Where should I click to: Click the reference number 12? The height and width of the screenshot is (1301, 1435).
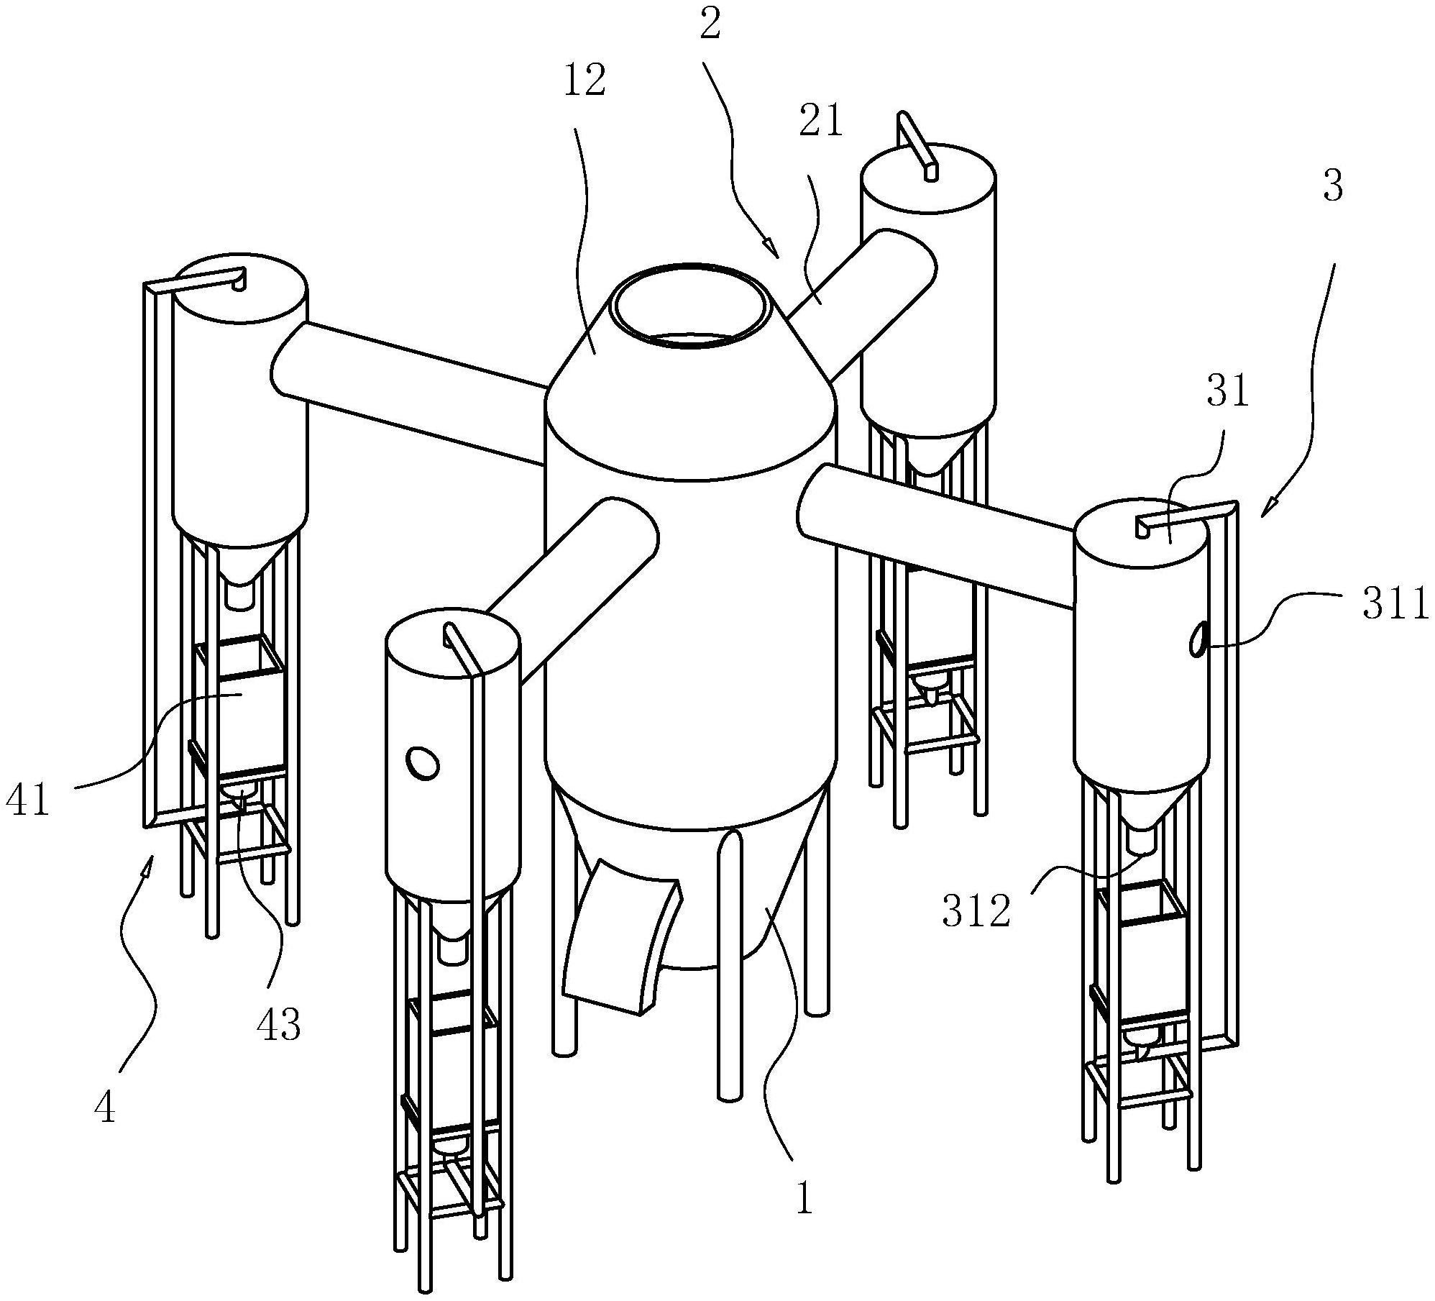(584, 81)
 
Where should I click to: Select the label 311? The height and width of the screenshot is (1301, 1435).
(1395, 606)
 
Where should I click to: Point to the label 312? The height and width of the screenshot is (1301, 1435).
(977, 912)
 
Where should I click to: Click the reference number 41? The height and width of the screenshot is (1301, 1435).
(28, 800)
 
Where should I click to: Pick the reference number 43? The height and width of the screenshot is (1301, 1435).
(278, 1024)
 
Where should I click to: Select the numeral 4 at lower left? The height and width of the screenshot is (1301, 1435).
(105, 1108)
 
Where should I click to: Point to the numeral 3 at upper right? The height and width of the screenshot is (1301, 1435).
(1333, 186)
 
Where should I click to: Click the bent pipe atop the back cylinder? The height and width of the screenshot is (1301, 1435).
(917, 145)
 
